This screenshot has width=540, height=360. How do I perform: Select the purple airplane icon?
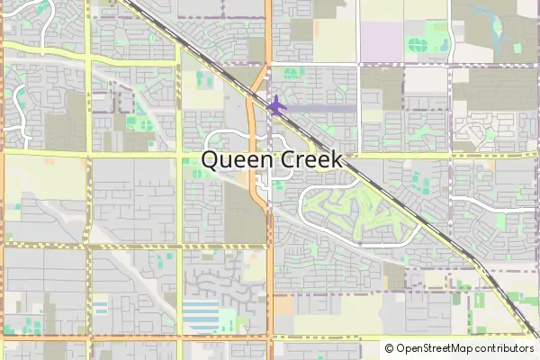tap(276, 104)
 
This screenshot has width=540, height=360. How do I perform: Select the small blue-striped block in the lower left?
tap(100, 308)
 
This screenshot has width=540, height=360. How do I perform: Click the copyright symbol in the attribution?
tap(389, 348)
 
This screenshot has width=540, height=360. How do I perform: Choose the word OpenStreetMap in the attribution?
tap(436, 348)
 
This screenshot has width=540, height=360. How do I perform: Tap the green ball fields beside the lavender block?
tap(418, 42)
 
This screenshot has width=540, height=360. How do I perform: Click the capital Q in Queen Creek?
tap(211, 160)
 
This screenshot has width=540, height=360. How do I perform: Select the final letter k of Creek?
tap(336, 159)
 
